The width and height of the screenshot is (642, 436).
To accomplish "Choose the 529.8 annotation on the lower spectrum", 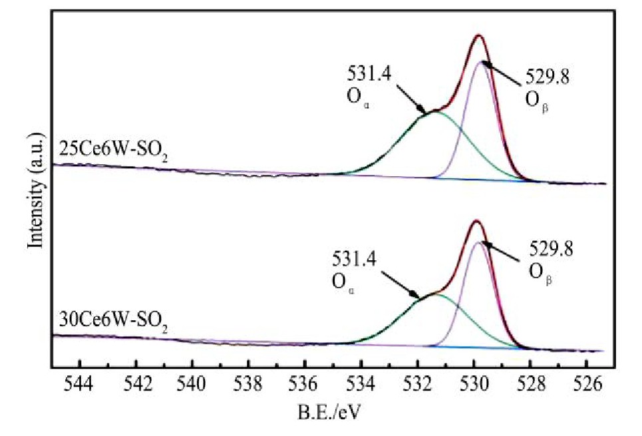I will [x=551, y=250].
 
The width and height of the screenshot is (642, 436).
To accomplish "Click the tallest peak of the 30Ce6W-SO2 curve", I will [x=476, y=221].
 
